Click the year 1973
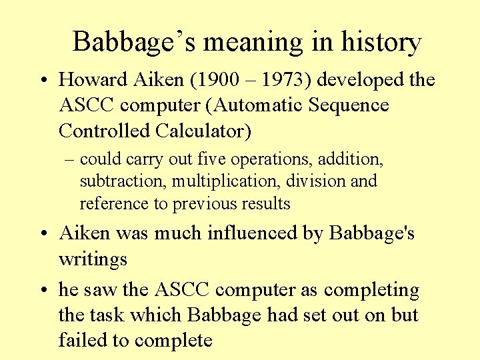pos(283,80)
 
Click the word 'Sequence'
pos(351,105)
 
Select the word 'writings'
pos(93,259)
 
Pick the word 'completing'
pos(372,291)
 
